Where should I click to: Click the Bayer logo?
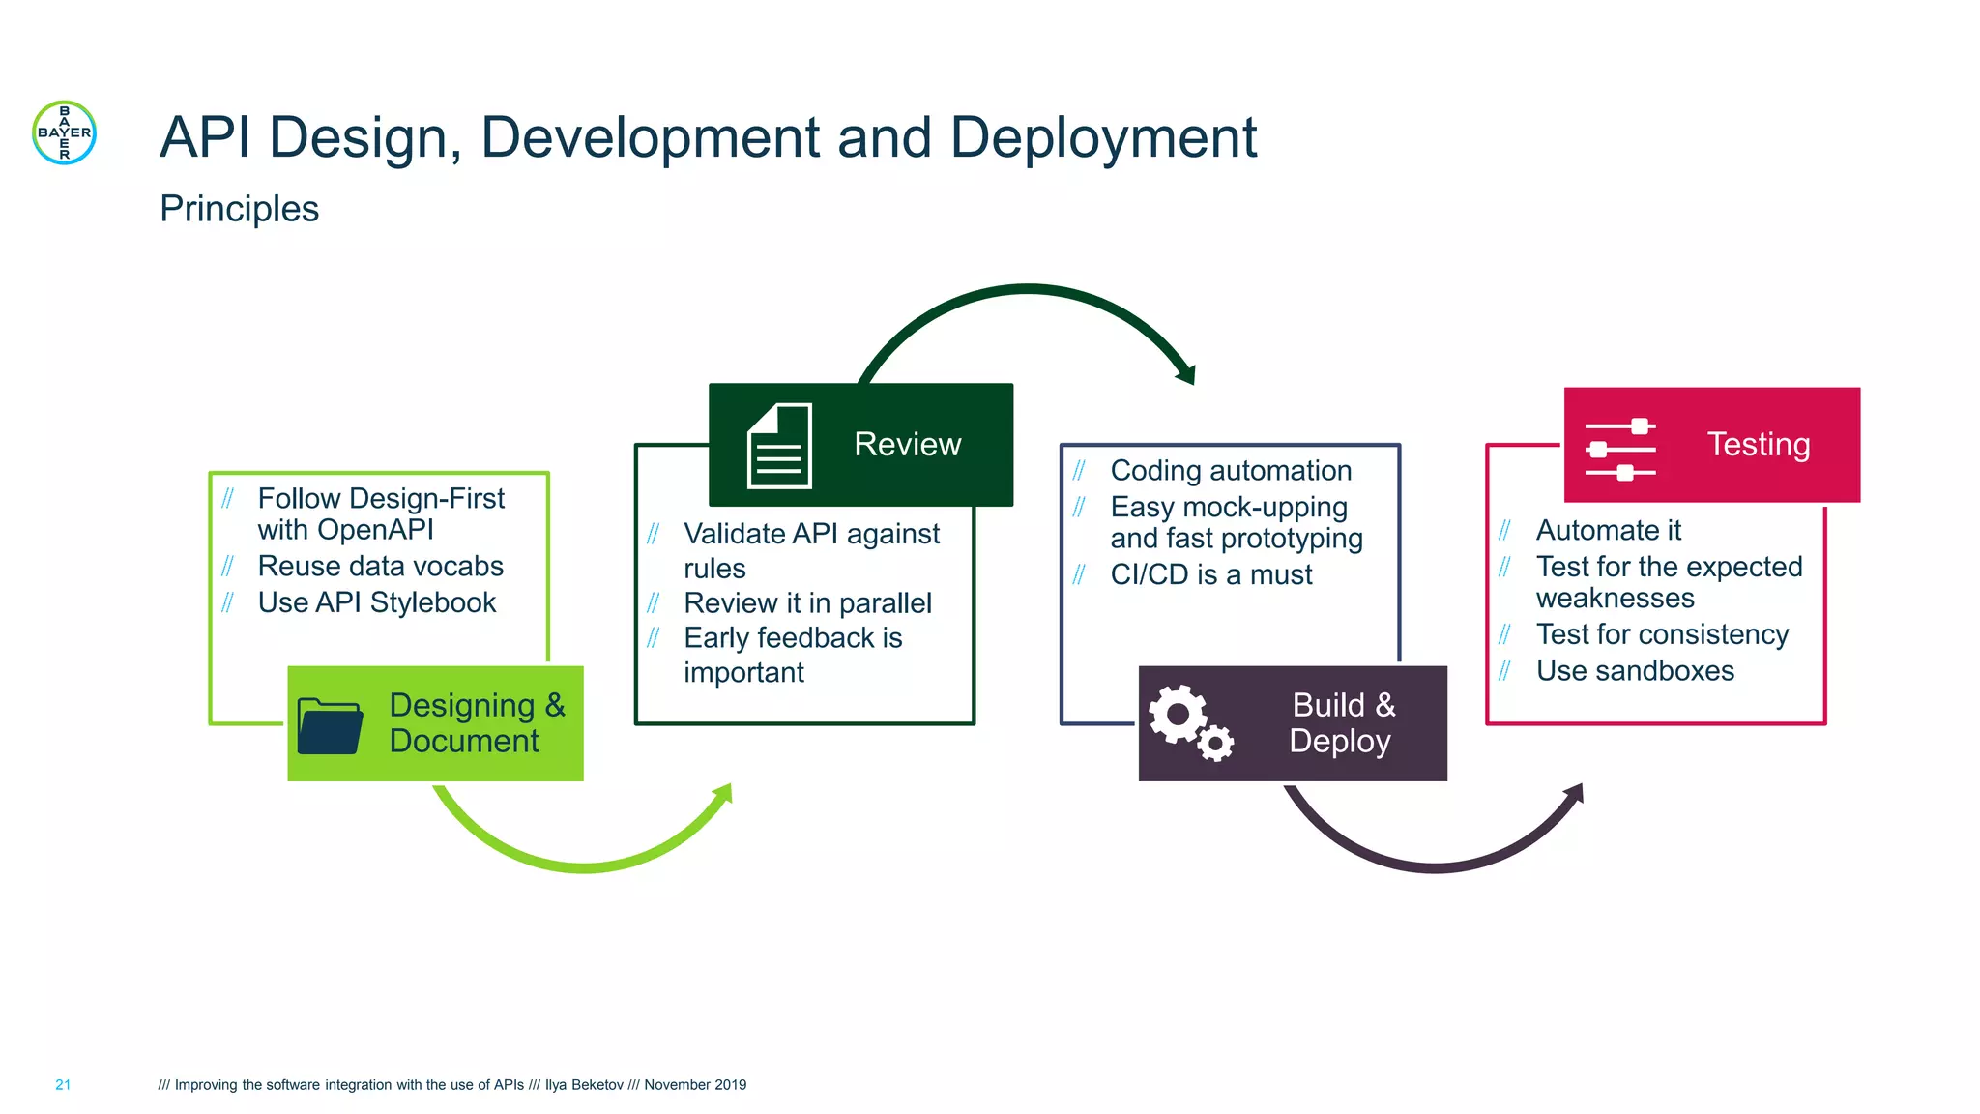[64, 132]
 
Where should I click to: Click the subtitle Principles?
[239, 209]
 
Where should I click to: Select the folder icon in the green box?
[330, 725]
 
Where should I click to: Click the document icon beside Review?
[779, 446]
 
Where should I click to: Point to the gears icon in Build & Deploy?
[1190, 722]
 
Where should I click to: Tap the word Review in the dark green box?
[907, 444]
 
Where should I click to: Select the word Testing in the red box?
[1758, 444]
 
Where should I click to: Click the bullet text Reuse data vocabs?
[380, 566]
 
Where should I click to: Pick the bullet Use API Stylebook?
[376, 602]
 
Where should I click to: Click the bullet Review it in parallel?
[807, 603]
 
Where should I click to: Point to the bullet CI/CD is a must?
[1210, 574]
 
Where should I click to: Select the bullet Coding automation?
[1231, 471]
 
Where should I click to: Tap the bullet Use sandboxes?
[1635, 671]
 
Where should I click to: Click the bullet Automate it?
[1608, 531]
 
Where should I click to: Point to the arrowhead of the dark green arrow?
[1186, 374]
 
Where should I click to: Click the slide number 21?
[63, 1085]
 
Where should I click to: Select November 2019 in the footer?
[695, 1085]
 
